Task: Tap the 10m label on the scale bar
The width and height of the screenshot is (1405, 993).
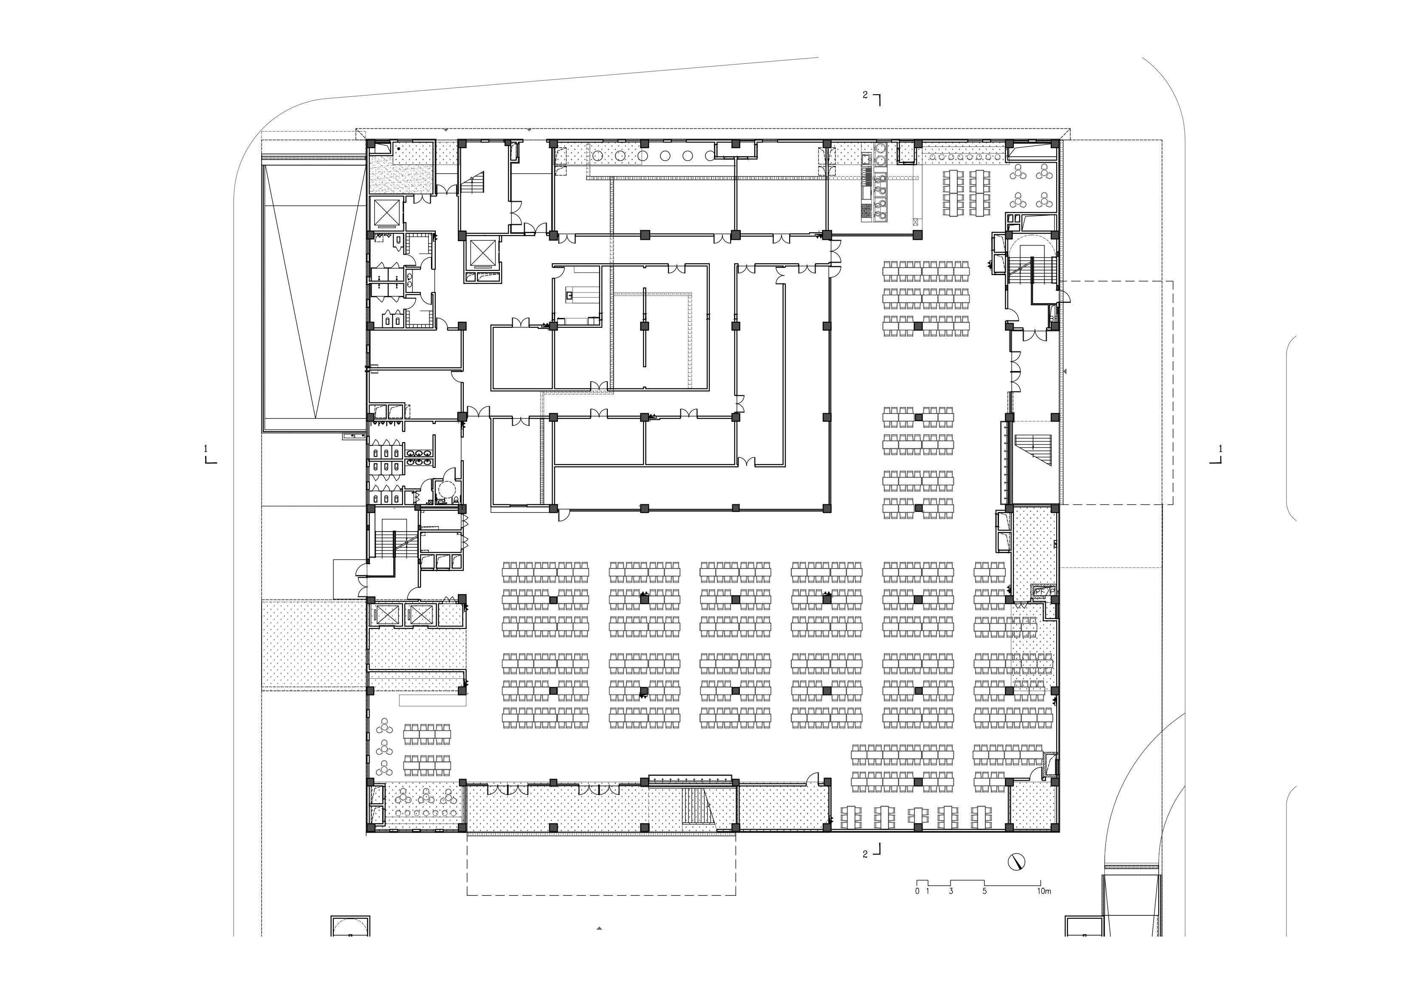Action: [1044, 892]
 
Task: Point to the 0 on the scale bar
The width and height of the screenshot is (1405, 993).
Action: [917, 892]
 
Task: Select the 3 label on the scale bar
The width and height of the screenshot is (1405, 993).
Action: [951, 892]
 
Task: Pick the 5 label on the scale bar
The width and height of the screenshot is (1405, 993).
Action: [985, 892]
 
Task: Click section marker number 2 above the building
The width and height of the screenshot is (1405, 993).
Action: [865, 95]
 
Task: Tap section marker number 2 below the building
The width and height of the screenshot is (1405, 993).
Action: [865, 855]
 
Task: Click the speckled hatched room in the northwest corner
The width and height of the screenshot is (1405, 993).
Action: [401, 174]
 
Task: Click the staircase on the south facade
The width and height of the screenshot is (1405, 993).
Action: [697, 807]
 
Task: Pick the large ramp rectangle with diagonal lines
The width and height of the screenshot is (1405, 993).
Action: [314, 294]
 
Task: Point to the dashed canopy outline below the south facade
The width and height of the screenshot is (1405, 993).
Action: [601, 864]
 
